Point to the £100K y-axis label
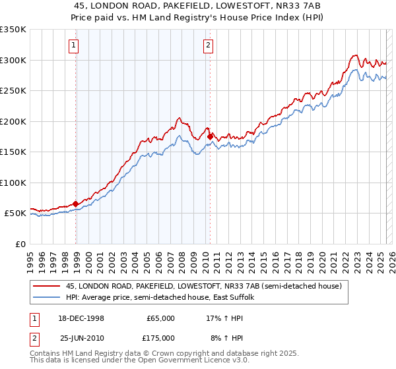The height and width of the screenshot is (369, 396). click(x=13, y=183)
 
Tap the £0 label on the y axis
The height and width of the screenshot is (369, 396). click(x=20, y=244)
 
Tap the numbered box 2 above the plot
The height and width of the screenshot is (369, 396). click(x=208, y=45)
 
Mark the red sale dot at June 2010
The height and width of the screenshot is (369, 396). click(x=211, y=136)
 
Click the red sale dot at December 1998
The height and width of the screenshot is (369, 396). click(x=76, y=204)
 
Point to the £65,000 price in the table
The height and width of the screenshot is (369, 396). click(x=161, y=318)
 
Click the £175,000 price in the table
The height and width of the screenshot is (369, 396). click(x=161, y=338)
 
